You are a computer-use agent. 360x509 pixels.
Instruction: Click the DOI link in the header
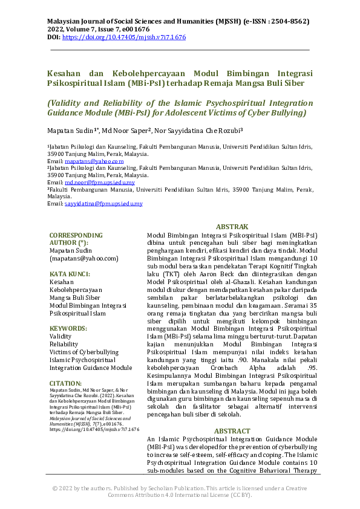click(124, 37)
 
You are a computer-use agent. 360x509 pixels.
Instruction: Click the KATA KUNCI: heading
click(70, 274)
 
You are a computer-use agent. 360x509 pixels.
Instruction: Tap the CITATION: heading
click(65, 383)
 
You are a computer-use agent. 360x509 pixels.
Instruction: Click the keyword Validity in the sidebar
click(61, 336)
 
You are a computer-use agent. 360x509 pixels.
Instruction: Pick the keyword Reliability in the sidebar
click(64, 344)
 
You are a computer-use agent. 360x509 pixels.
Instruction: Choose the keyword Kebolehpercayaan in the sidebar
click(76, 290)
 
